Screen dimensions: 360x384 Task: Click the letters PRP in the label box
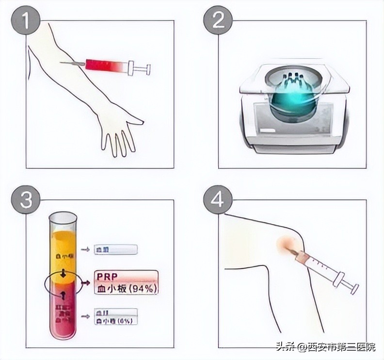(108, 276)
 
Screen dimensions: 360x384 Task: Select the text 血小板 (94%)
(126, 288)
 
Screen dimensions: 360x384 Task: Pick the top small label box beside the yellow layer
(116, 249)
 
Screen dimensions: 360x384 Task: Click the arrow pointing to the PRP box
(86, 282)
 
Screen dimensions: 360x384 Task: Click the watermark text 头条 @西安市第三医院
(325, 347)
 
